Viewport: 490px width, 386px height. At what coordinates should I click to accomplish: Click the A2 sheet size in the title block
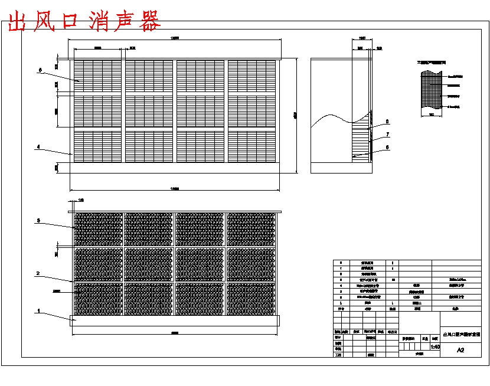coord(460,350)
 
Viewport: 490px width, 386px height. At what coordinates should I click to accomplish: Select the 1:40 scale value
coord(435,347)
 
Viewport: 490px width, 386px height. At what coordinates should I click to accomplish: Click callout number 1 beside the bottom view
coord(39,310)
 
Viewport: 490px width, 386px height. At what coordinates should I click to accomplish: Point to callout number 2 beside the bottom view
coord(38,274)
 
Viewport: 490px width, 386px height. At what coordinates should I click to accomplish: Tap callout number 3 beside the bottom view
coord(38,221)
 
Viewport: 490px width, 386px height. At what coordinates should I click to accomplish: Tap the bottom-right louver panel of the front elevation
coord(251,145)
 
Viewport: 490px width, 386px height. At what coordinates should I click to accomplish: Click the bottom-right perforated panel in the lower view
coord(251,300)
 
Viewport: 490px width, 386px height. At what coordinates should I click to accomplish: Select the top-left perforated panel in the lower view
coord(98,229)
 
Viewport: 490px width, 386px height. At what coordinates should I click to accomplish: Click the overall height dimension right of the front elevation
coord(295,115)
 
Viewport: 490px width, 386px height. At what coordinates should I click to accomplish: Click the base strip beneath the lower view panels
coord(175,320)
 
